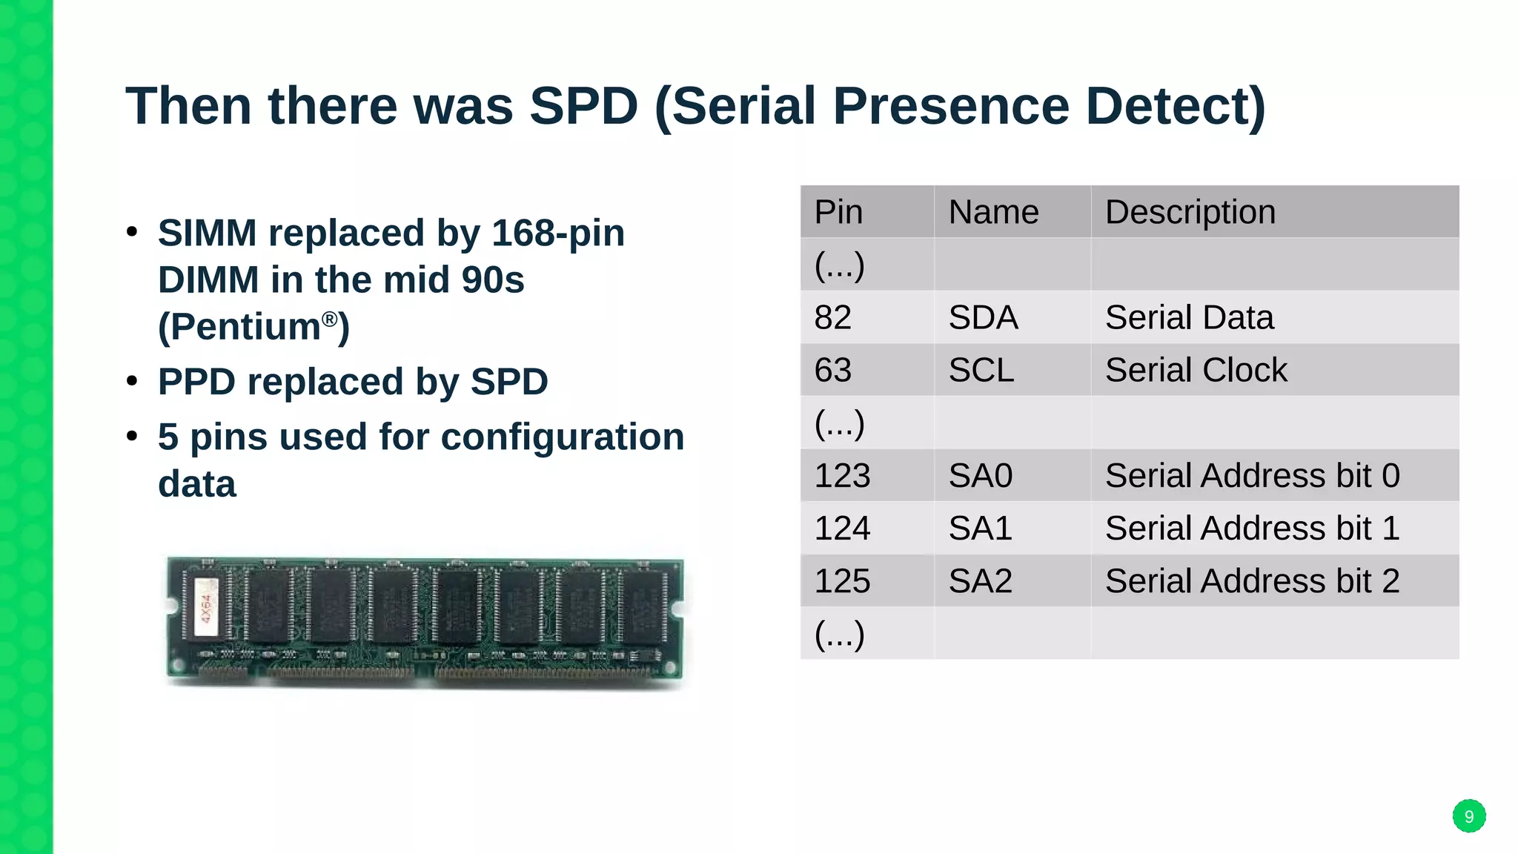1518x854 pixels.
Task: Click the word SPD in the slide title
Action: click(x=584, y=106)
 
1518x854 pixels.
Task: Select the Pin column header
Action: click(x=838, y=212)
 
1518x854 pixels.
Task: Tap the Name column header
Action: click(x=993, y=212)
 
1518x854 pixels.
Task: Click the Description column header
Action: click(x=1190, y=212)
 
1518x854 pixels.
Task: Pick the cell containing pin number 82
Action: click(x=832, y=317)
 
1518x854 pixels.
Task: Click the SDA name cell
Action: click(x=983, y=317)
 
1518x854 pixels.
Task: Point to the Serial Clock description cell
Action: click(x=1196, y=370)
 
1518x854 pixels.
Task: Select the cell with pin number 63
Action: click(x=832, y=370)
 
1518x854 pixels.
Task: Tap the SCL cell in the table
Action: click(x=981, y=370)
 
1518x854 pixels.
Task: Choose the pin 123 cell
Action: click(x=842, y=475)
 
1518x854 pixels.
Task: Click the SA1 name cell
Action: click(x=980, y=528)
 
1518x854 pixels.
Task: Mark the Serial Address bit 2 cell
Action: click(x=1252, y=580)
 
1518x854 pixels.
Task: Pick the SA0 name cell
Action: click(x=980, y=475)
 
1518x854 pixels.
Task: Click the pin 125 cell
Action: click(x=842, y=580)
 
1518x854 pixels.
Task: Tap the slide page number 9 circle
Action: click(x=1468, y=816)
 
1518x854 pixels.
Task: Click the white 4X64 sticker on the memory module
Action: click(x=206, y=607)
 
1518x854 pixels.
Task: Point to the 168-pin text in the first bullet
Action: click(x=557, y=233)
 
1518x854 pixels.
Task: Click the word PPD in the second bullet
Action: click(x=196, y=382)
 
